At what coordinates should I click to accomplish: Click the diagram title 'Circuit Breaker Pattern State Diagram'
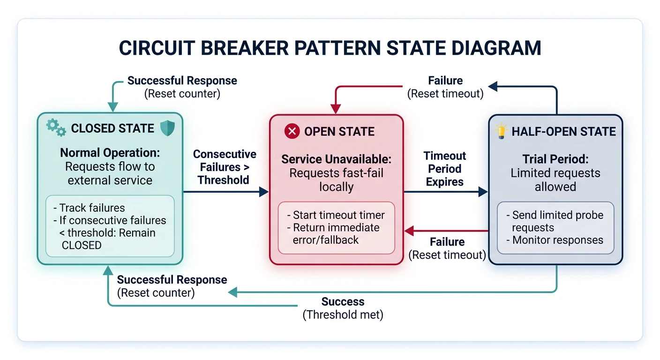(x=330, y=48)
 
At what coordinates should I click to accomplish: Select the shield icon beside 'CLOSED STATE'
(x=167, y=128)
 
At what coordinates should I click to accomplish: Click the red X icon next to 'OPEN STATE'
(x=292, y=131)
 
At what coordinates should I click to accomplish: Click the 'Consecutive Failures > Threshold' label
(x=225, y=167)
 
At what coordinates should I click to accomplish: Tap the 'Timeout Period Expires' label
(x=444, y=169)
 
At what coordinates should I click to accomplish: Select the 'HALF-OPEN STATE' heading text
(x=563, y=132)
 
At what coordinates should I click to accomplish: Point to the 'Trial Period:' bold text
(x=555, y=159)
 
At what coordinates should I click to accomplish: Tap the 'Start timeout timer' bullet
(x=336, y=215)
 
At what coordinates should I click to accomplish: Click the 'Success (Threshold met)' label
(x=343, y=308)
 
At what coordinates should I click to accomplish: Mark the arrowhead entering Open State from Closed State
(x=264, y=192)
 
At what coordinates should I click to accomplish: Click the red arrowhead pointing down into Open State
(x=336, y=109)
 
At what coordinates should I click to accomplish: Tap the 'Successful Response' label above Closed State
(x=182, y=81)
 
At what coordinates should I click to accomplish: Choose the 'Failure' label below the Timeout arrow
(x=447, y=242)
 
